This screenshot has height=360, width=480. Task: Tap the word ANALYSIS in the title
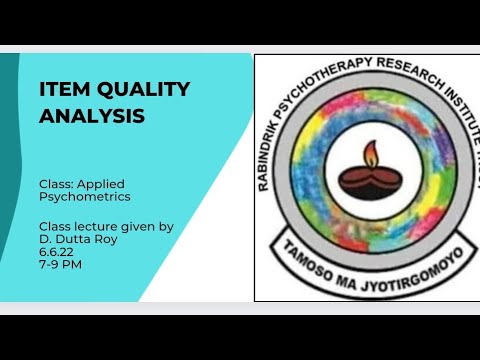[x=92, y=116]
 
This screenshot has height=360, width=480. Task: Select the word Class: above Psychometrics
[x=59, y=184]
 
